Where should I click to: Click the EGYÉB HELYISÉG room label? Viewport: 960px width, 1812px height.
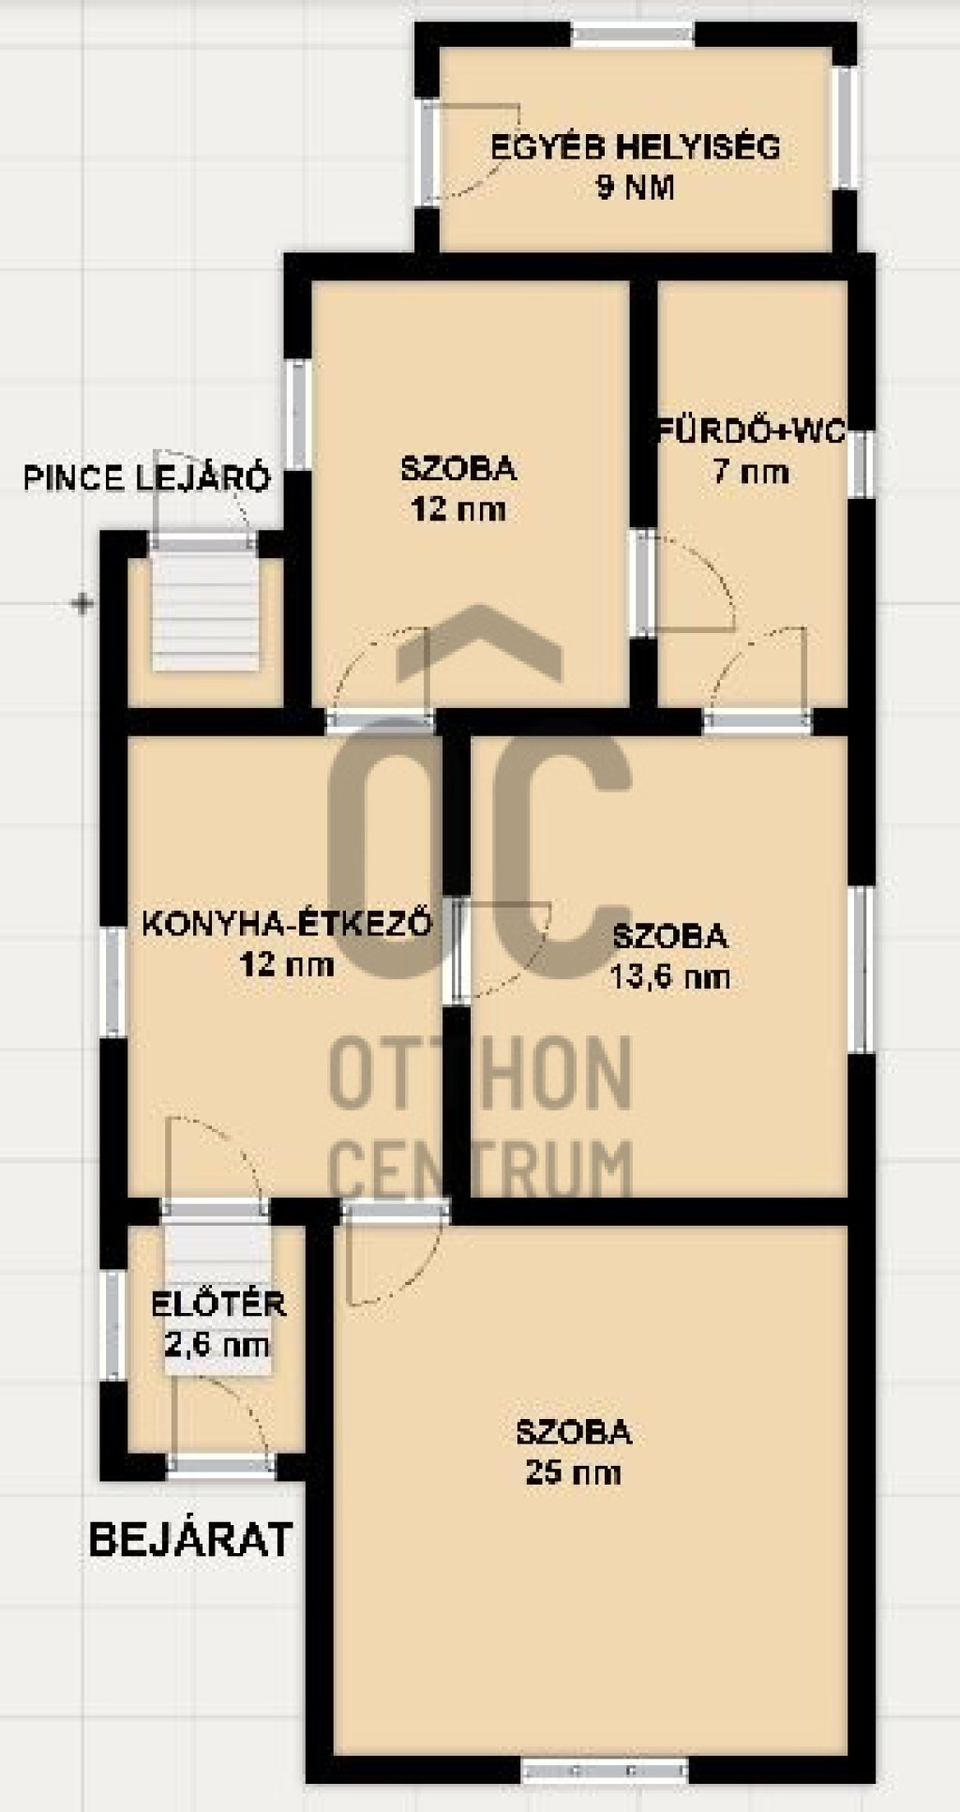[636, 147]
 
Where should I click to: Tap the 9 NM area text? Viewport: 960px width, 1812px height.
[635, 188]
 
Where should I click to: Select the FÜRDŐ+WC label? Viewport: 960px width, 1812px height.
[751, 431]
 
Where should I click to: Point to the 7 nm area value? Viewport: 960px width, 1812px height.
[751, 471]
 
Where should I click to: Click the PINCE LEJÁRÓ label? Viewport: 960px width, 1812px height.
[147, 478]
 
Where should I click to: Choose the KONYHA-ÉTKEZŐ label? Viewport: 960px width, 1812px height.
[287, 924]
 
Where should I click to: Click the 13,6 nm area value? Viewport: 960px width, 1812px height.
[669, 977]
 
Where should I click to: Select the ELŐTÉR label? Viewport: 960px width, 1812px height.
[218, 1304]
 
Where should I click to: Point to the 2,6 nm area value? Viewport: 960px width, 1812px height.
[218, 1346]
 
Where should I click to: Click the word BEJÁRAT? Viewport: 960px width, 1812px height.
[191, 1540]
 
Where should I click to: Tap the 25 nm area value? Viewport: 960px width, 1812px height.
[573, 1472]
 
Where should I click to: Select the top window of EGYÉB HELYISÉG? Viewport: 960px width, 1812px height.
[633, 35]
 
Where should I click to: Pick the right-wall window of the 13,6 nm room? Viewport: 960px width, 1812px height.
[862, 969]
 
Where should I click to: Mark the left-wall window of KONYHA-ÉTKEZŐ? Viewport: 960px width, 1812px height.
[113, 982]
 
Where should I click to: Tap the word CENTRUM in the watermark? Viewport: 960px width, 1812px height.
[482, 1170]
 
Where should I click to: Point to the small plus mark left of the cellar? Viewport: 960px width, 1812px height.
[83, 604]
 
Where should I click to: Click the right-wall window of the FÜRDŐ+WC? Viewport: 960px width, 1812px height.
[862, 463]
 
